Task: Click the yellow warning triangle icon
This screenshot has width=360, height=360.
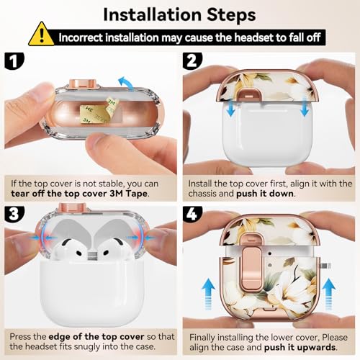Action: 41,35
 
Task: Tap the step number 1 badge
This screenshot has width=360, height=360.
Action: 14,61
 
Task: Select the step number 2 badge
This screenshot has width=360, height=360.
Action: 192,61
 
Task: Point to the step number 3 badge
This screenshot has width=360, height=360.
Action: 14,214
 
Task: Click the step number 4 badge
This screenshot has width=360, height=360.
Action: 192,214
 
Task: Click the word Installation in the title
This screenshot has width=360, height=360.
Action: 152,15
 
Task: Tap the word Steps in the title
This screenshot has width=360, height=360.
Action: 231,15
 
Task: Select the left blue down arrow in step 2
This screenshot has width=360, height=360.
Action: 230,107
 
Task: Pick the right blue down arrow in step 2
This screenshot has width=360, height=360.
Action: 305,107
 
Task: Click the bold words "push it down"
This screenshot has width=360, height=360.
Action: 265,194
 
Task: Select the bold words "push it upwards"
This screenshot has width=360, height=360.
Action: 300,347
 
